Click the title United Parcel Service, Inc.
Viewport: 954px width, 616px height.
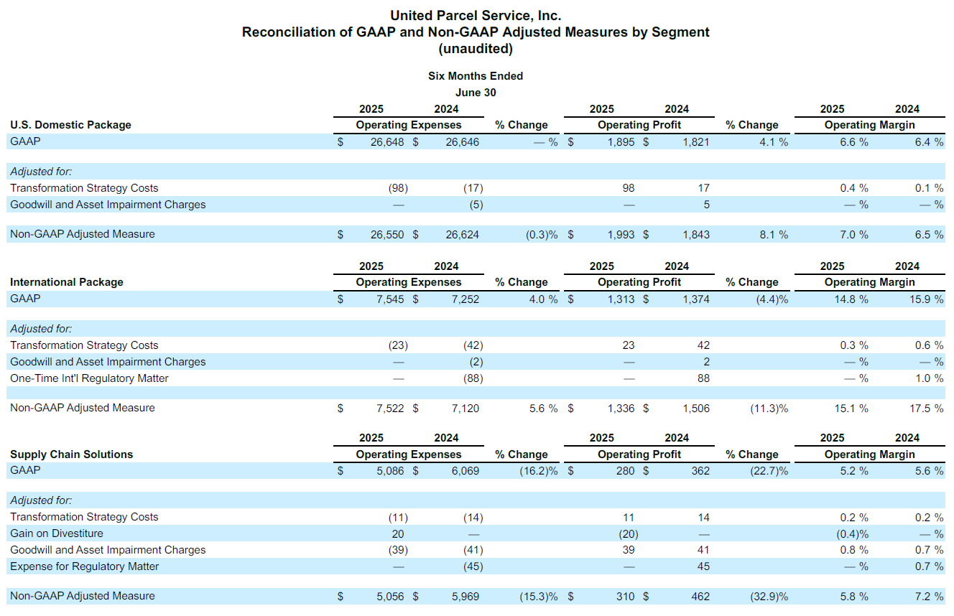click(476, 16)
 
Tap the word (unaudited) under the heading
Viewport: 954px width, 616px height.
click(476, 49)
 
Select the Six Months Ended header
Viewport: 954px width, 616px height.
click(476, 76)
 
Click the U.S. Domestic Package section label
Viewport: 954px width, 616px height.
click(70, 125)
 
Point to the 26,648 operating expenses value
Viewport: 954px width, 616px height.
click(386, 142)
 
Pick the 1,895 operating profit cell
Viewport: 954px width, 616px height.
click(621, 142)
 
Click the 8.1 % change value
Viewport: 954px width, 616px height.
click(774, 235)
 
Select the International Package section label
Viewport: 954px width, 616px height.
click(66, 282)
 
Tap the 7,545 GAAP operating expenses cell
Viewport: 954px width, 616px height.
click(389, 299)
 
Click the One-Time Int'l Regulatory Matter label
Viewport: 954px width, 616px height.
click(89, 378)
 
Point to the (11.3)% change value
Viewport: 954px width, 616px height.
click(769, 409)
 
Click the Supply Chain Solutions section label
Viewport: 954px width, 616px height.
click(72, 454)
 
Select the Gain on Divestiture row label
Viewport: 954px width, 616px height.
click(57, 533)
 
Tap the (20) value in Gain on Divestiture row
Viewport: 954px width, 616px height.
click(628, 534)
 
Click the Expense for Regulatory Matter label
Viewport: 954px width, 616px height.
click(84, 566)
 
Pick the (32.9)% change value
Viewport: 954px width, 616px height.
click(769, 597)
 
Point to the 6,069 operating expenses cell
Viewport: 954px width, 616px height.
click(465, 471)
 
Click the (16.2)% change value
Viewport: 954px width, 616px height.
click(538, 471)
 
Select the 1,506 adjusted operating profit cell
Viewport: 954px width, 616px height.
click(696, 409)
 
